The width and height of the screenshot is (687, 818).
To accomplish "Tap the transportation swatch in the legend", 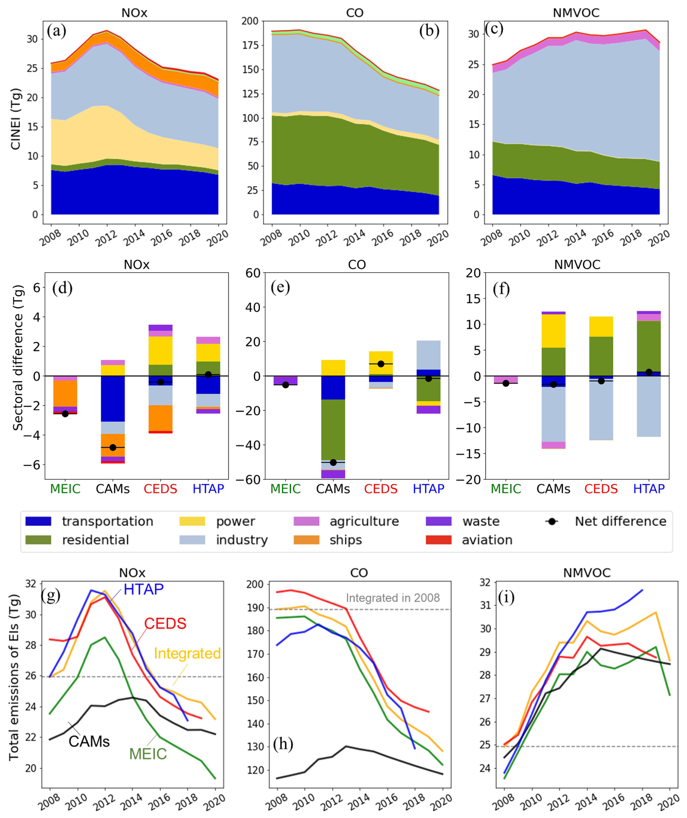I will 38,521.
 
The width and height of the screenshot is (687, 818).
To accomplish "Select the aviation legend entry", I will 439,540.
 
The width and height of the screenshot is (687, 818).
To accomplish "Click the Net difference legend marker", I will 552,521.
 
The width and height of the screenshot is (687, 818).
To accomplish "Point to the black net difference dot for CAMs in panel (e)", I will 333,462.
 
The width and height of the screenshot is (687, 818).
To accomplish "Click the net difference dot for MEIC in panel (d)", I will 65,414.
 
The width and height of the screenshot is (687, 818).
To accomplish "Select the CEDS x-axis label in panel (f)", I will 601,489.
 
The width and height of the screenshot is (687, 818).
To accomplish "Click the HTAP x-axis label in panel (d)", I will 208,489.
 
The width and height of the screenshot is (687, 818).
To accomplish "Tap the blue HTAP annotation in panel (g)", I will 143,589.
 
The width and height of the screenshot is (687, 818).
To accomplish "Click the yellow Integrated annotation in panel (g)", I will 187,653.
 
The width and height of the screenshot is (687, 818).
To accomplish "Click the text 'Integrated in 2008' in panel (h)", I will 393,598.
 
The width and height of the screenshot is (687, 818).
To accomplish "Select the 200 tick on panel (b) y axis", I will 250,21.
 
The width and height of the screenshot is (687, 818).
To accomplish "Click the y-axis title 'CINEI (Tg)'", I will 16,119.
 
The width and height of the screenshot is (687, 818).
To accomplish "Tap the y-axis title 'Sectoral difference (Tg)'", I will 18,358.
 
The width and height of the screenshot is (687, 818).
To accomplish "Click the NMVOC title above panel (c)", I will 576,13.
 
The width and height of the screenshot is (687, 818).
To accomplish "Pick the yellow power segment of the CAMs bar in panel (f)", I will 553,331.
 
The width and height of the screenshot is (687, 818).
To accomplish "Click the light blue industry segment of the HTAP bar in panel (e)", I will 428,355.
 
